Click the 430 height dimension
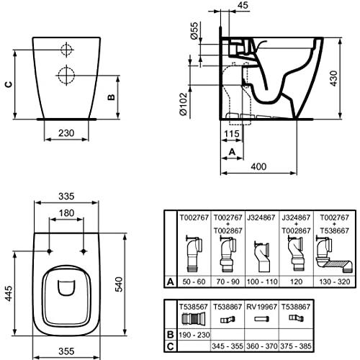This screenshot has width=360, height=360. [x=333, y=78]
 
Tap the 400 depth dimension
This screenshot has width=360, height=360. [x=258, y=166]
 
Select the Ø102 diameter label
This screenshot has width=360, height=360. [x=184, y=104]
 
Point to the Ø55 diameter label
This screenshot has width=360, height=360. [x=194, y=30]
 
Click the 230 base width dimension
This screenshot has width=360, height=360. [x=66, y=133]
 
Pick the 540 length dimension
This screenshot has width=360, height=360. [x=119, y=284]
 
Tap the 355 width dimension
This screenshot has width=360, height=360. [x=66, y=351]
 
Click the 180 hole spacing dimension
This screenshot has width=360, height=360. [x=66, y=213]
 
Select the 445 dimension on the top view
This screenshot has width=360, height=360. [x=9, y=293]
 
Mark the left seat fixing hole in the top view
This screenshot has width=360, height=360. [x=50, y=251]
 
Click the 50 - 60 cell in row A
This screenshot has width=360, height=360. [x=194, y=282]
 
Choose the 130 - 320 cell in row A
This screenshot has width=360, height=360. [x=335, y=282]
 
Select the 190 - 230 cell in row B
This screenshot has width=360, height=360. [x=194, y=335]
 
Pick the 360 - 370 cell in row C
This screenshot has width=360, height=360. [x=262, y=346]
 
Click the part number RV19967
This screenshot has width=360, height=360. [x=262, y=307]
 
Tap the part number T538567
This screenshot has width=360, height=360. [x=194, y=307]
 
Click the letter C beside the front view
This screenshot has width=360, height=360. [x=9, y=84]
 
